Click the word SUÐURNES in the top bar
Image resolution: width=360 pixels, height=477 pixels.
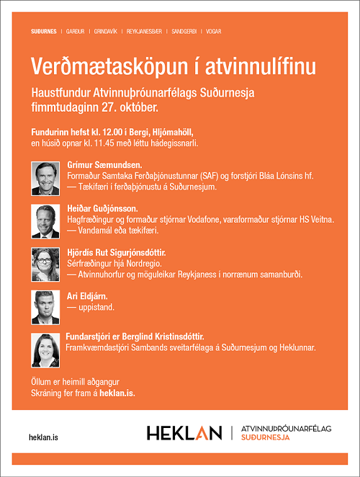click(x=45, y=32)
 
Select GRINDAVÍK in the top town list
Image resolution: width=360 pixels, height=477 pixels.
click(x=105, y=32)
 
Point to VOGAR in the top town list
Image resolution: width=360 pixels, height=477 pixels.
click(x=214, y=32)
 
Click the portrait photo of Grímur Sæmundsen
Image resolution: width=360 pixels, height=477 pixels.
click(x=45, y=177)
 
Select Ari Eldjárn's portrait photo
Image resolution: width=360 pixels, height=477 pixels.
click(x=45, y=306)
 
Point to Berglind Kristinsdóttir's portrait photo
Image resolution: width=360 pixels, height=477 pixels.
click(x=45, y=349)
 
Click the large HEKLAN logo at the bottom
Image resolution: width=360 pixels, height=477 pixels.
click(x=184, y=433)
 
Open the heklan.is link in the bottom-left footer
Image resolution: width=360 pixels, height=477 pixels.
click(x=44, y=437)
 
